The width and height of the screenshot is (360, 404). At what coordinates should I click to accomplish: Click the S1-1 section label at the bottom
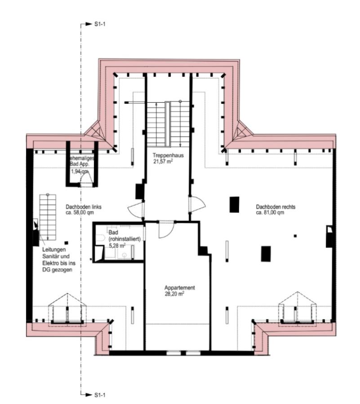click(x=100, y=395)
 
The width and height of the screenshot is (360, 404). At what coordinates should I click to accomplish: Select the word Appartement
click(x=179, y=288)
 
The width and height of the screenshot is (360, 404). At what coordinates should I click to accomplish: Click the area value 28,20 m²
click(x=175, y=294)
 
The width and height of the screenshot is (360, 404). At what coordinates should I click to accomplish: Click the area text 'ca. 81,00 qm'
click(x=270, y=213)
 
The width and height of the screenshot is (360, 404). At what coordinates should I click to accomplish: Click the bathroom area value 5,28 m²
click(x=119, y=246)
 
